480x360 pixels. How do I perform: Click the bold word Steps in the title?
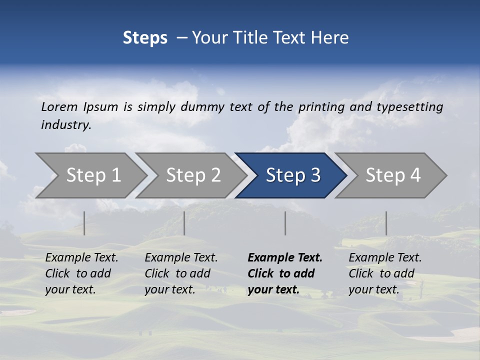coord(145,38)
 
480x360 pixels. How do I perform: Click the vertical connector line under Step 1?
coord(84,223)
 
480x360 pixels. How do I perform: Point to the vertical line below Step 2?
coord(184,223)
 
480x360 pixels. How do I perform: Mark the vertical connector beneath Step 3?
coord(285,223)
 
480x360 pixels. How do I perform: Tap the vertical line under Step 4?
coord(386,223)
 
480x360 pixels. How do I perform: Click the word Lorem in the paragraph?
coord(59,106)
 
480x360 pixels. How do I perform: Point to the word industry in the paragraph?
coord(66,125)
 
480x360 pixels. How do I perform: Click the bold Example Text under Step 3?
coord(285,258)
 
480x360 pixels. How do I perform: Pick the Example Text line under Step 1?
coord(81,258)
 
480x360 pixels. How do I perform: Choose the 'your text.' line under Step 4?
coord(373,289)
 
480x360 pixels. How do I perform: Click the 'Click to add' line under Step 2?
coord(177,273)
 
